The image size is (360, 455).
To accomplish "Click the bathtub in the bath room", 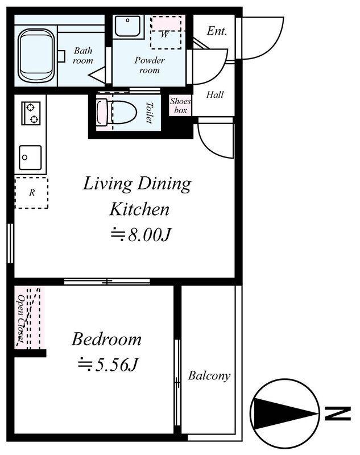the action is tap(36, 56).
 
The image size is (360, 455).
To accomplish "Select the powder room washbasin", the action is tap(128, 26).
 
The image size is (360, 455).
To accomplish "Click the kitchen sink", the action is tap(30, 158).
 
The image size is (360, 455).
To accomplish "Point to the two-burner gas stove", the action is tap(31, 113).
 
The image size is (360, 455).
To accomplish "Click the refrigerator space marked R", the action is tap(32, 193).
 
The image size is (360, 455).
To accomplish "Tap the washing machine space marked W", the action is tap(166, 32).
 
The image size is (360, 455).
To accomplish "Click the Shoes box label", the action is tap(180, 105).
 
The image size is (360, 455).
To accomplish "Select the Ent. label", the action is tap(217, 31).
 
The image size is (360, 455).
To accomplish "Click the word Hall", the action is tap(215, 94).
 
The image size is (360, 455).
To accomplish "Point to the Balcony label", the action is tap(209, 375).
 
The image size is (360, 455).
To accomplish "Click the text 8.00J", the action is tap(149, 234).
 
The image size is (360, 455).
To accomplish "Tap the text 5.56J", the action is tap(116, 365).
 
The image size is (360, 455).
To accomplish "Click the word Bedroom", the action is tap(106, 339).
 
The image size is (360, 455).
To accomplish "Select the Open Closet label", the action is tap(21, 318).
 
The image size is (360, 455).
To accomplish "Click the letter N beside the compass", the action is tap(338, 413).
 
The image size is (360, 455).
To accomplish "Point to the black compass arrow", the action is tap(284, 413).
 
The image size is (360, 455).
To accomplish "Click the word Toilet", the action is tap(149, 113).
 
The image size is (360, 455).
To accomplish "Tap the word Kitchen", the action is tap(139, 209).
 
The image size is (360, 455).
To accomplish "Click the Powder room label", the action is tap(150, 65).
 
